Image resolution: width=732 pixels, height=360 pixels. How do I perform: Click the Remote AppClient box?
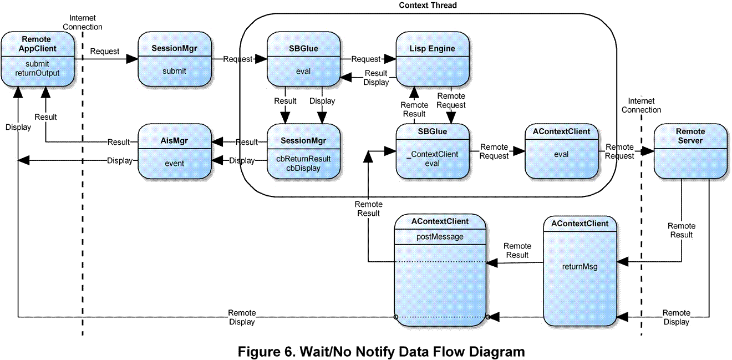[38, 59]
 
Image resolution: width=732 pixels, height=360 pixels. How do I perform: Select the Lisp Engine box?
[433, 59]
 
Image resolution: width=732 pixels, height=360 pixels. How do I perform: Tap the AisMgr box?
[174, 151]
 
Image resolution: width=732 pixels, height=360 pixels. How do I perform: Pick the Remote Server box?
[690, 151]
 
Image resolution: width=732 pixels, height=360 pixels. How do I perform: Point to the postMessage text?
[440, 237]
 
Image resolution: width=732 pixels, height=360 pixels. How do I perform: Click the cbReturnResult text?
[303, 159]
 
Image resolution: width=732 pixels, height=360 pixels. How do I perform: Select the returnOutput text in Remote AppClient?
[37, 73]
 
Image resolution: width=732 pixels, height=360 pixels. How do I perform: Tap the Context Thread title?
[428, 6]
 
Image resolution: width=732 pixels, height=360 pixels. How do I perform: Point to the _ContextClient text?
[432, 154]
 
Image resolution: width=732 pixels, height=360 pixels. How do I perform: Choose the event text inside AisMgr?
[174, 163]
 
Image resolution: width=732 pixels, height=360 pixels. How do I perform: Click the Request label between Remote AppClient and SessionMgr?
[104, 51]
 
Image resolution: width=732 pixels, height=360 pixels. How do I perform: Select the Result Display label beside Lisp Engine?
[375, 78]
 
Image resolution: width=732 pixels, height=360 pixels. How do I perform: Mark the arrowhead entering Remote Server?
[648, 151]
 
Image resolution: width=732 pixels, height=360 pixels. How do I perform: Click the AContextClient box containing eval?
[561, 151]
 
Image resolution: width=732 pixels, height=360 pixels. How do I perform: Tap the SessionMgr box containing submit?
[174, 59]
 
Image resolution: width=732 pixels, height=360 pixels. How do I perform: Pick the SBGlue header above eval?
[303, 48]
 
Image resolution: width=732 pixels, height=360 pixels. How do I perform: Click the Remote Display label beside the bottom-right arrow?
[676, 317]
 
